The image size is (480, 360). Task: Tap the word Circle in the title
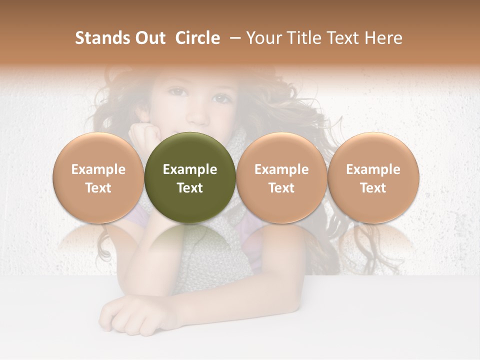[x=197, y=38]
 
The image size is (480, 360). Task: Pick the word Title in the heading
[x=305, y=38]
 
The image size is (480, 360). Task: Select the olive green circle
[x=190, y=177]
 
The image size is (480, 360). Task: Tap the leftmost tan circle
[x=98, y=177]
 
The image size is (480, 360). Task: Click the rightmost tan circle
[x=373, y=177]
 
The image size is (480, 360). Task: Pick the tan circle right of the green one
[x=281, y=177]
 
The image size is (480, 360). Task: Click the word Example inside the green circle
[x=190, y=169]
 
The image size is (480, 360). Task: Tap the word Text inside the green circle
[x=190, y=187]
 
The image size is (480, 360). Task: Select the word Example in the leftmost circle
[x=98, y=169]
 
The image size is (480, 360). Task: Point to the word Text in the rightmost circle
[x=373, y=187]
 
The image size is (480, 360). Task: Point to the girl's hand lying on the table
[x=132, y=317]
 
